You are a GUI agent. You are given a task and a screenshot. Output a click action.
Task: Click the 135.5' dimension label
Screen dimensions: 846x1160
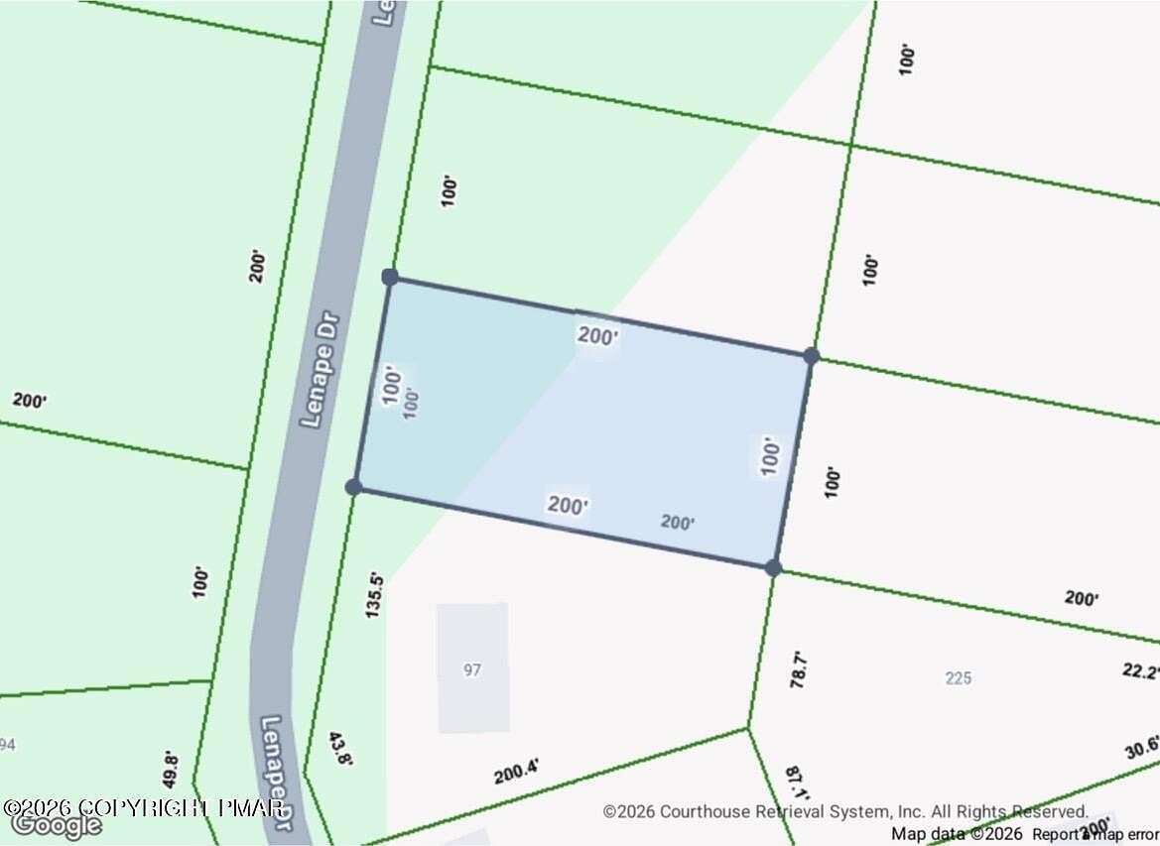pos(374,594)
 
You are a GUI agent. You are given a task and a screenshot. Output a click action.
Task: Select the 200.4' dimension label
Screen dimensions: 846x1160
pos(516,769)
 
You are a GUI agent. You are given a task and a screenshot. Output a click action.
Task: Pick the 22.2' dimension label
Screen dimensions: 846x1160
pos(1141,671)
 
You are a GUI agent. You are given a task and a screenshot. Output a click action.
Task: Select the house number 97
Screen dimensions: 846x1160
pos(472,669)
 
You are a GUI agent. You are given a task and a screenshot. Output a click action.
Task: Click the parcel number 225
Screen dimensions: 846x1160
pos(958,678)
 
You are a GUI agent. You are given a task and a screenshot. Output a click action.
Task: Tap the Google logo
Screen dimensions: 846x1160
pos(56,825)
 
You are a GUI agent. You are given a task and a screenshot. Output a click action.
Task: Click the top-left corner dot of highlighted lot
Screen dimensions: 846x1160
pos(390,277)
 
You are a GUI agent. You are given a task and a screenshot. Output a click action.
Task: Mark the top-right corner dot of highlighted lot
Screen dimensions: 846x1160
pos(811,356)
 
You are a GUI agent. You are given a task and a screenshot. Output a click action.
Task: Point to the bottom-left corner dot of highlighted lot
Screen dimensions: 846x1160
pos(353,486)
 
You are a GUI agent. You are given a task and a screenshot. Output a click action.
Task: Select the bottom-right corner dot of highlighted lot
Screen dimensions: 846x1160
pos(773,568)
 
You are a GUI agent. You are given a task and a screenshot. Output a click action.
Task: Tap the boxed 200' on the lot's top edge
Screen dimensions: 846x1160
pos(598,336)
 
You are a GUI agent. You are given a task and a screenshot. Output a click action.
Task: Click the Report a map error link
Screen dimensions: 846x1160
pos(1096,834)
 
